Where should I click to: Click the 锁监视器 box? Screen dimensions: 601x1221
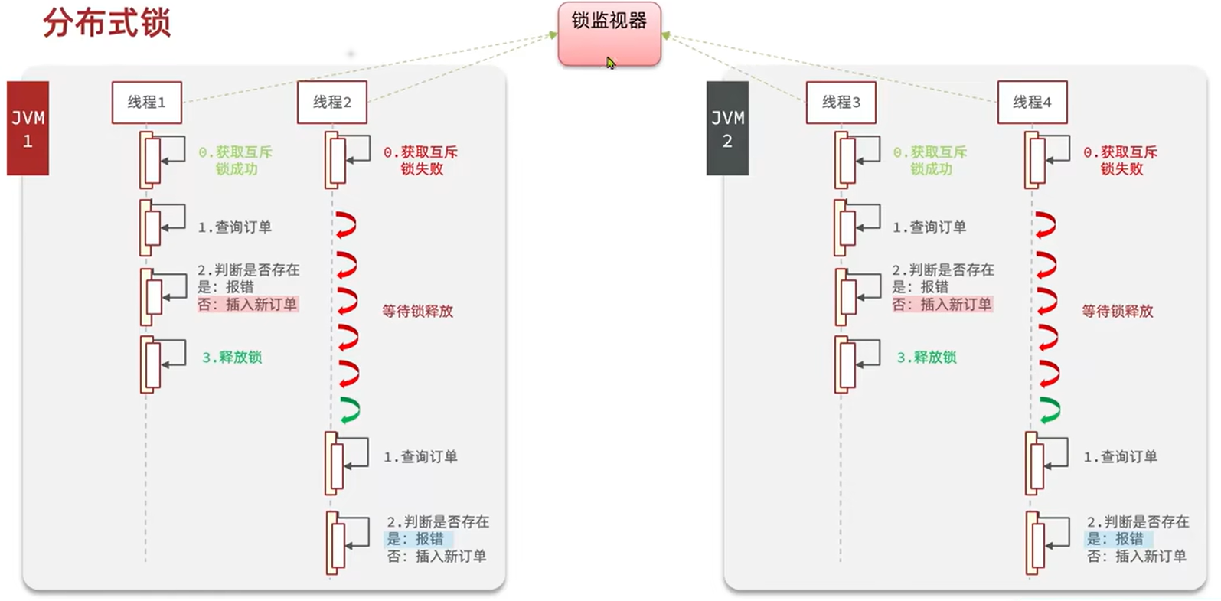point(609,34)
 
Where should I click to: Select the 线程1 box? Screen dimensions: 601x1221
point(146,102)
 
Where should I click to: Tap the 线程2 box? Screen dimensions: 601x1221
point(331,102)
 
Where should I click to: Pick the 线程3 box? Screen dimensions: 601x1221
point(841,102)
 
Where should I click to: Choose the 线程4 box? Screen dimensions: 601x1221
point(1032,102)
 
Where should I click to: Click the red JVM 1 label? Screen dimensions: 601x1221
point(28,129)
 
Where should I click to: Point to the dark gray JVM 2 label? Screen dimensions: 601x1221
point(727,129)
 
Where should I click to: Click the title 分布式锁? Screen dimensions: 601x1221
point(106,23)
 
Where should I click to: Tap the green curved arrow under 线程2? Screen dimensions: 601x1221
point(349,410)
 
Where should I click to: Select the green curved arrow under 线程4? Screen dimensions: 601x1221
point(1050,410)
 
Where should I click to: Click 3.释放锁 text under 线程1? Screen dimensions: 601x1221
point(232,357)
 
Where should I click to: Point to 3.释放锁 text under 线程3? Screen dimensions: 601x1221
point(926,357)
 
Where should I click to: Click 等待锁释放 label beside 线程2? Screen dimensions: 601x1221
point(417,311)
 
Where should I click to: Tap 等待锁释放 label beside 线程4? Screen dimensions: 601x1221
point(1117,311)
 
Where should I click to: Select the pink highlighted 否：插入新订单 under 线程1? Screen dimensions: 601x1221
point(247,304)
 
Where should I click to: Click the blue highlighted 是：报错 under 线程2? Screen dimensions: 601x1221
point(414,539)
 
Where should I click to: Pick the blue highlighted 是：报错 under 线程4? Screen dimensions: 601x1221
point(1115,539)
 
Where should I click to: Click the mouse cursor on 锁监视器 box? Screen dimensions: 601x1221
point(610,62)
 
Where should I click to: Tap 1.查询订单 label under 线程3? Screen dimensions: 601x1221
point(929,227)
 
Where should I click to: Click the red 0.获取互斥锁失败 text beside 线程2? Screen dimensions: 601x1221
point(420,160)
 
